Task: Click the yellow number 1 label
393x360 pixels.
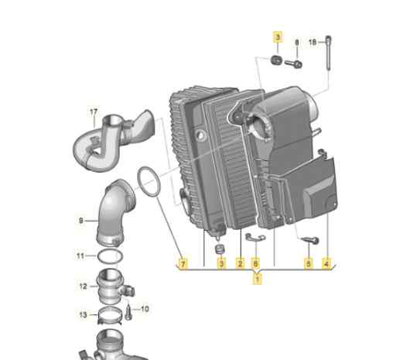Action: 258,279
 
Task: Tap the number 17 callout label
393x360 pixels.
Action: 94,112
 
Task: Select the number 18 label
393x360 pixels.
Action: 313,42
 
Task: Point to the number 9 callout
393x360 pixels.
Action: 81,221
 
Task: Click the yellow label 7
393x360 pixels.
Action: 183,264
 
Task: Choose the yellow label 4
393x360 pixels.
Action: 326,264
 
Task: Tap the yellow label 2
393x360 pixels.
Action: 240,264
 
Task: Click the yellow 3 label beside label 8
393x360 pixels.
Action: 278,37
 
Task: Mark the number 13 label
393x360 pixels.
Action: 83,315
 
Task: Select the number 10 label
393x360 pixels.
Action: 145,309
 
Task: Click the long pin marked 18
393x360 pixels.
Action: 329,53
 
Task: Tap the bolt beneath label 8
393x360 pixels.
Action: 293,63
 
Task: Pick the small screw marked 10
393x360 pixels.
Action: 128,312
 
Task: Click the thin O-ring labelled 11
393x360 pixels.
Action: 110,256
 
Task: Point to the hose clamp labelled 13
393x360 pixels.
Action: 110,316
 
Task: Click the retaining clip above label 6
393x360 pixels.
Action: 255,237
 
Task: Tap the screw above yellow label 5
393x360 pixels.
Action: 310,240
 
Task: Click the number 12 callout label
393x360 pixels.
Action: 83,286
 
